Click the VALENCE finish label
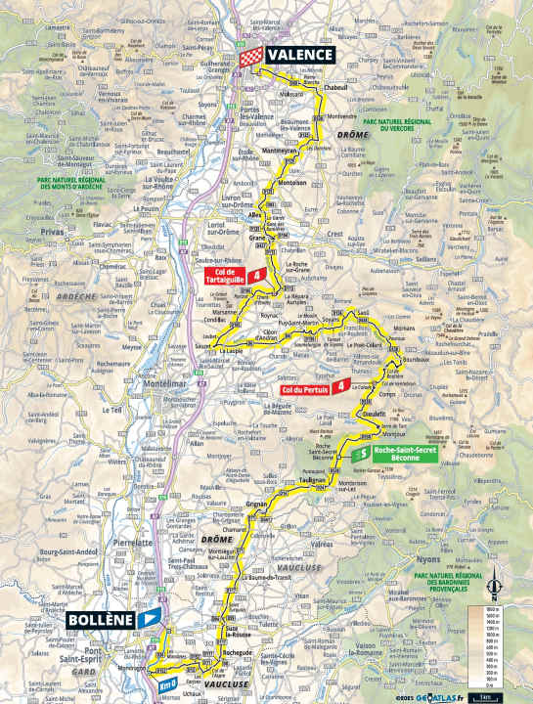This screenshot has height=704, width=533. (301, 56)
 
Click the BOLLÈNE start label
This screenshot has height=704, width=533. (101, 619)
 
